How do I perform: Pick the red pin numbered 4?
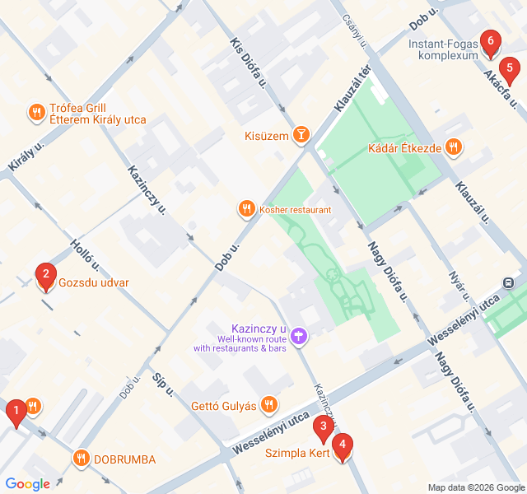[342, 445]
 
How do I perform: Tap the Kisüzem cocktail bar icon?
[302, 135]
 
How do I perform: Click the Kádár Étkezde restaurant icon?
[452, 148]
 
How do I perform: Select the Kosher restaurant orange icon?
[245, 209]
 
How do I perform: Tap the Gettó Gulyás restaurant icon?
[268, 404]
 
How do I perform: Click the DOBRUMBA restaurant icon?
[81, 458]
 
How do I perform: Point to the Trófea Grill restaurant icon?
[36, 113]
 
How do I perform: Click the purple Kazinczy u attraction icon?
[300, 336]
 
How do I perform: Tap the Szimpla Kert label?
[296, 453]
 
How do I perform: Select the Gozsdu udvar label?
[94, 283]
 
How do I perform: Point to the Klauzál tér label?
[354, 89]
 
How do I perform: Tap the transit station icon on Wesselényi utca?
[511, 282]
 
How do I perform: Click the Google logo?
[27, 484]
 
